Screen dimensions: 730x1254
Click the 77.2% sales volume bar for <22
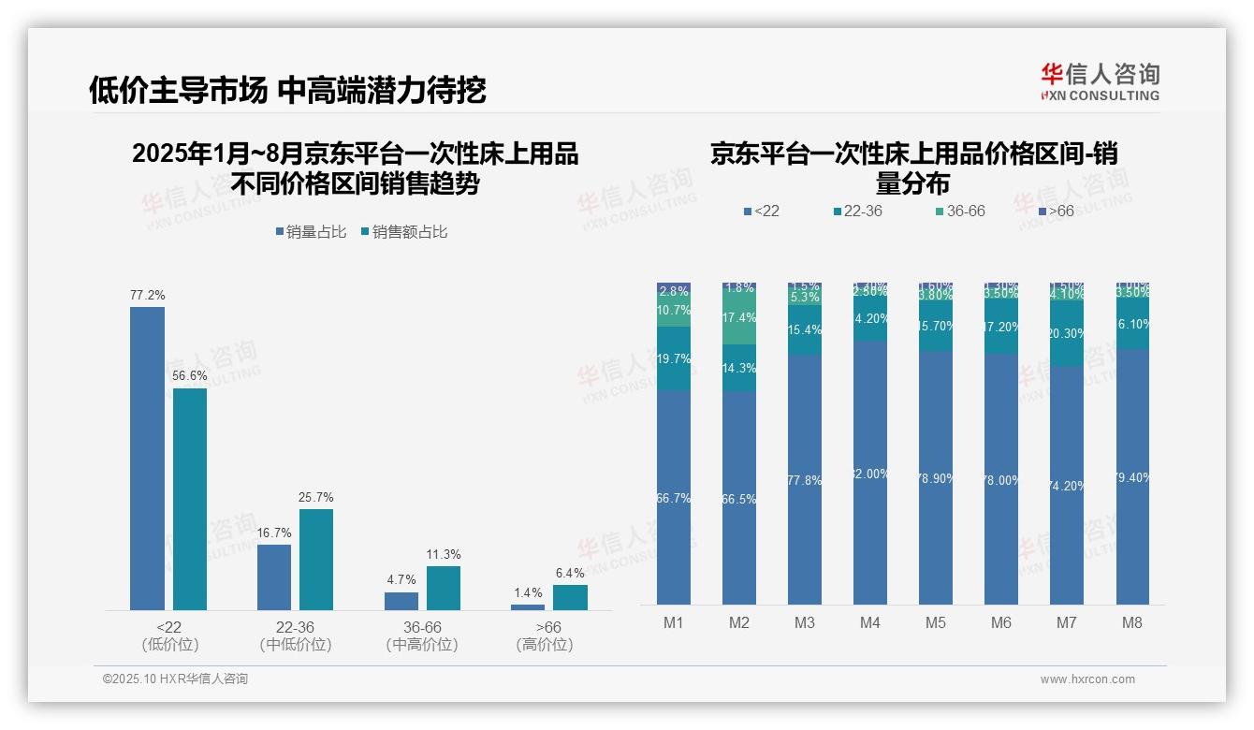pos(147,459)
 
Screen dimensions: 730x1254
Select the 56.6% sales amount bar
pos(190,499)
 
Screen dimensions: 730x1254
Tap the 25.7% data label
pos(316,497)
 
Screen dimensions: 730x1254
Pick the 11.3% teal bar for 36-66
pos(444,588)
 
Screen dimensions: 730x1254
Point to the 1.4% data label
pos(528,592)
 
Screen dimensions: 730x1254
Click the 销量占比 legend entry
pos(312,232)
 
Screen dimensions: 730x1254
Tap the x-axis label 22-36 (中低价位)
pos(296,635)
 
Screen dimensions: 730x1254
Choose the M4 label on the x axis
pos(869,622)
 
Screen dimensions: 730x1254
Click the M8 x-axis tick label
pos(1131,622)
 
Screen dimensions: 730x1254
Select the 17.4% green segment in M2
pos(739,317)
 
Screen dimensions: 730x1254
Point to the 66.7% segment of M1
pos(674,498)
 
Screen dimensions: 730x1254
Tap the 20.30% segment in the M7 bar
pos(1066,333)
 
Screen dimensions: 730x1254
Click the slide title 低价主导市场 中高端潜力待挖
pos(287,91)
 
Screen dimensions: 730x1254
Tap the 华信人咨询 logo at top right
pos(1100,81)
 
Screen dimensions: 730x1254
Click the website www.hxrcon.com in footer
pos(1086,679)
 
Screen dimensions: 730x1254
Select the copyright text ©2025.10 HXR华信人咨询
pos(175,679)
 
